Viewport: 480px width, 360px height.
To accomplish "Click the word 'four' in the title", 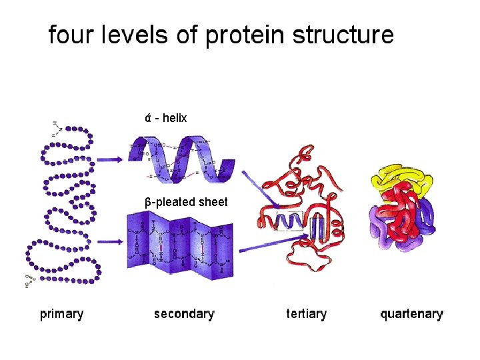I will (x=69, y=35).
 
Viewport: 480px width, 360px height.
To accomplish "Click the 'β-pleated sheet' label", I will (x=186, y=202).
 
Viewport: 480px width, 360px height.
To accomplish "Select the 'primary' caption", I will (x=61, y=313).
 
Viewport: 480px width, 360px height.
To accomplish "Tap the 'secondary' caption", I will (x=184, y=313).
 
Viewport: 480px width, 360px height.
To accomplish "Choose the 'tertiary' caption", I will (x=307, y=313).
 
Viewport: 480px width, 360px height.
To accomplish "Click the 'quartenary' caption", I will (x=411, y=313).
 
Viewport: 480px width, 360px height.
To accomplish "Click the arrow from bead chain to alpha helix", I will (x=109, y=159).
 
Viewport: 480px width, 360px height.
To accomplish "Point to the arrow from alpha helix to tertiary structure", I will (x=260, y=189).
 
